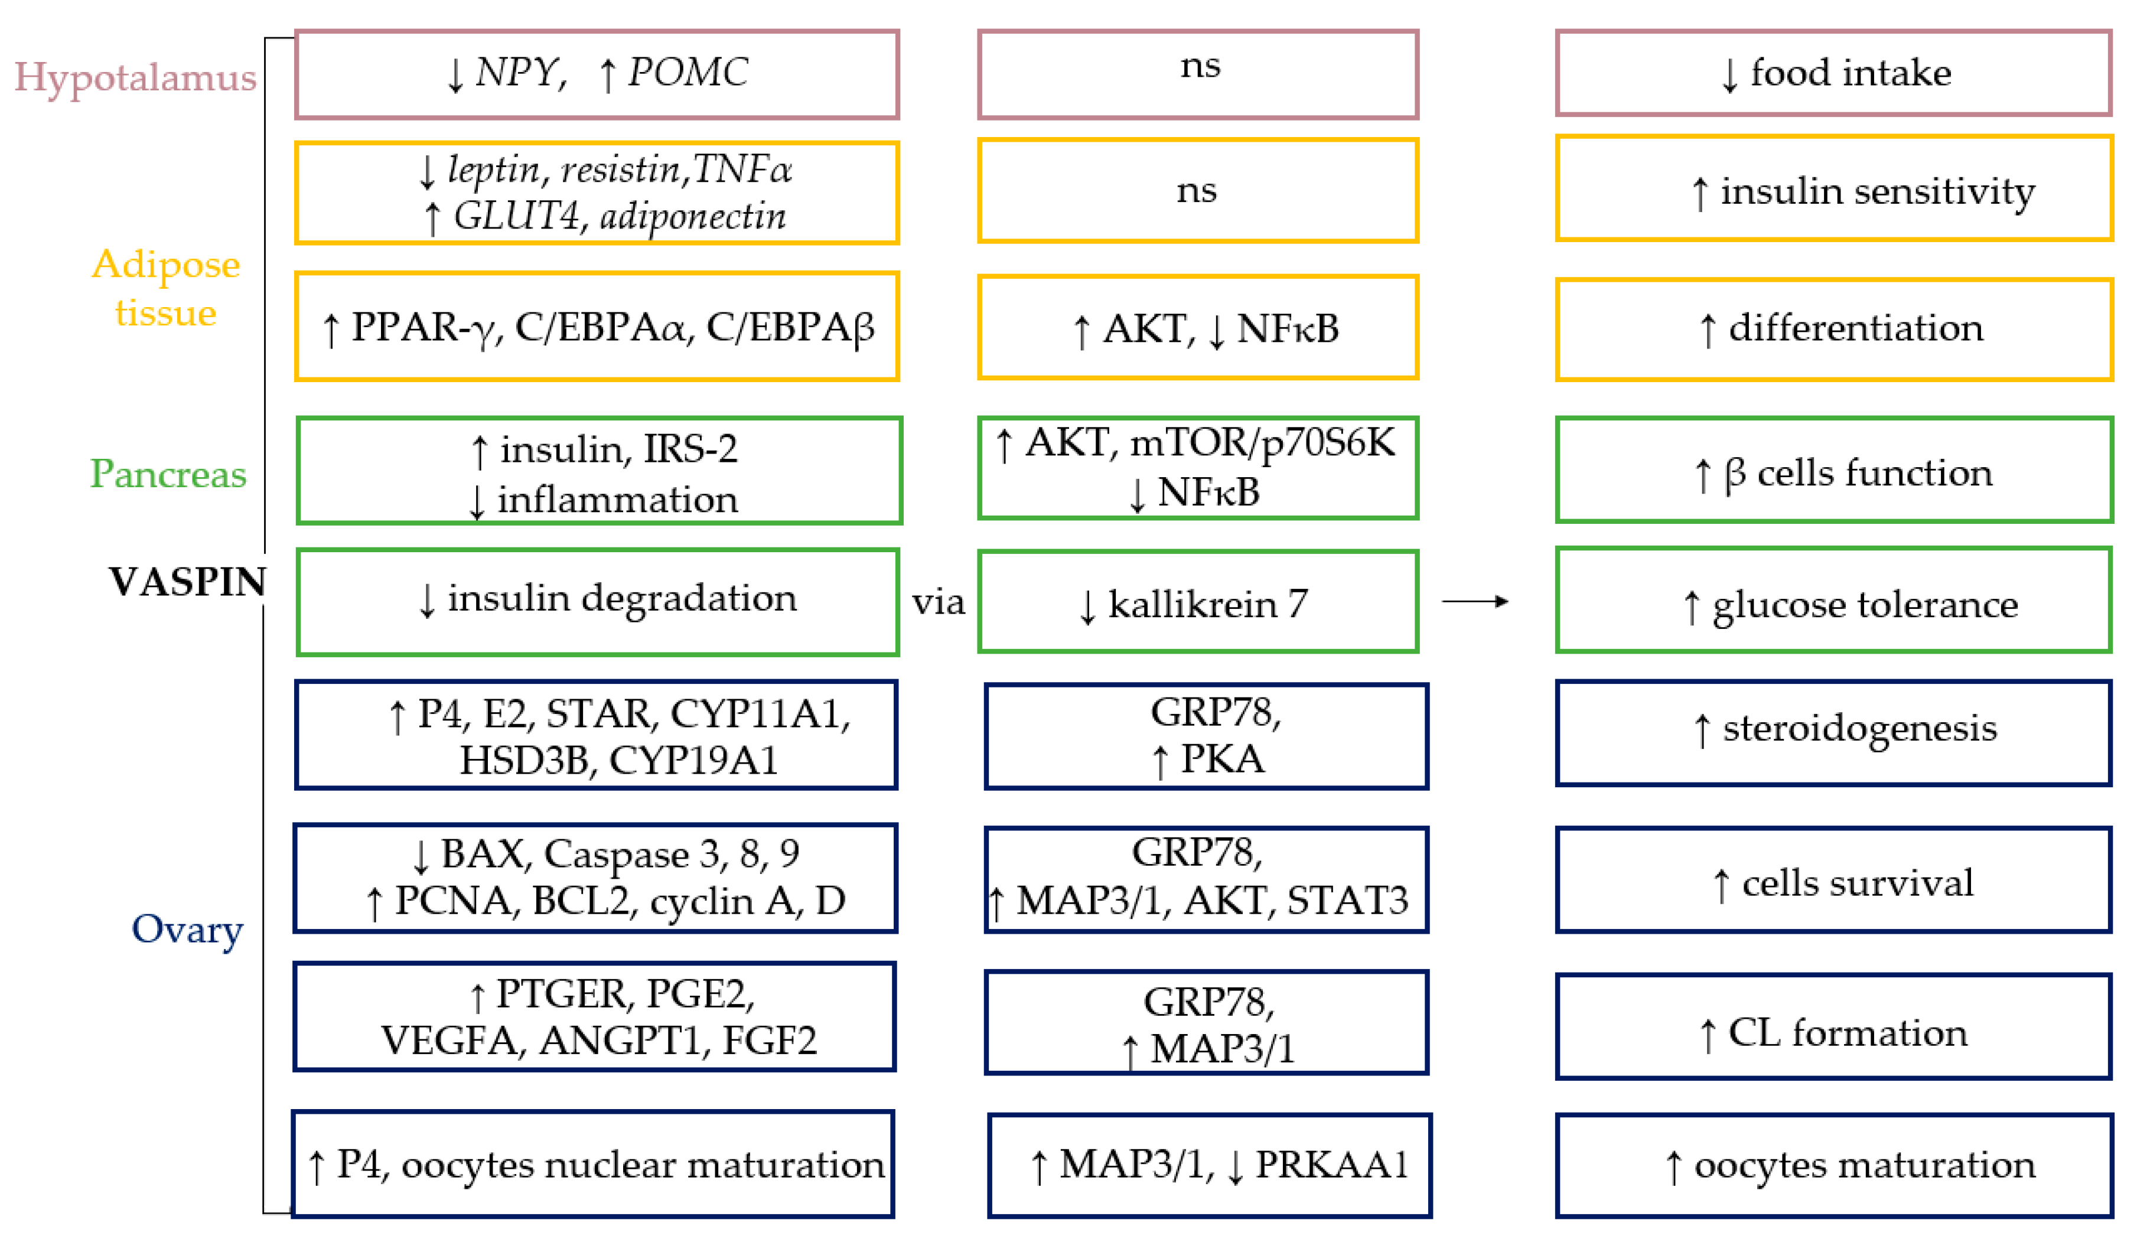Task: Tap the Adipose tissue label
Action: click(x=165, y=288)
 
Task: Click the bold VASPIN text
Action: click(x=187, y=582)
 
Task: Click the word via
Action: click(x=938, y=603)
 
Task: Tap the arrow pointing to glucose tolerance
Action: click(x=1475, y=601)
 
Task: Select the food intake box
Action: click(x=1833, y=73)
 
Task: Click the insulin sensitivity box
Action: click(x=1833, y=189)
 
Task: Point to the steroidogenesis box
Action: click(x=1833, y=733)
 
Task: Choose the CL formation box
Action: click(x=1833, y=1026)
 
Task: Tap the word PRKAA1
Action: click(x=1331, y=1165)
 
